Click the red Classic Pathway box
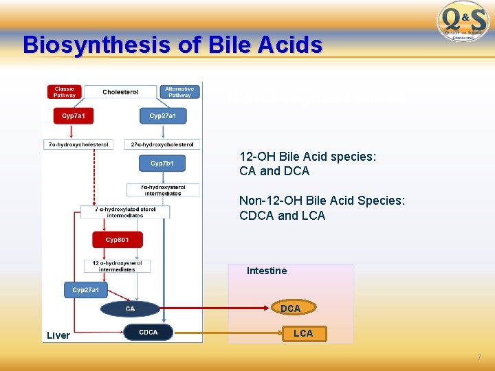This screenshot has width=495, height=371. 65,92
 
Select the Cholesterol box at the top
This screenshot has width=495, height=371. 120,92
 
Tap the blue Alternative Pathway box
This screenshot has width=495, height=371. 179,92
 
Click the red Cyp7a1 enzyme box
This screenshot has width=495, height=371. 74,116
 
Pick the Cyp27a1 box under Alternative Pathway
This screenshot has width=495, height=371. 162,116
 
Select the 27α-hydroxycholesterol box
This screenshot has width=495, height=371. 163,144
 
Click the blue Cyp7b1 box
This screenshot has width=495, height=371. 162,164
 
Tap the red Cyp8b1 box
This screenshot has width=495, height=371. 118,240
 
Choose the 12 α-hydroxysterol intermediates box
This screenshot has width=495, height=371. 118,266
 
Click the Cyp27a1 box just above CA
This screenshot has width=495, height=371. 86,290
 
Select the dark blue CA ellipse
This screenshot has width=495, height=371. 130,309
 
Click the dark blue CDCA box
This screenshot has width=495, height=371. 148,333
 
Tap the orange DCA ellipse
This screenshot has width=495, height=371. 290,308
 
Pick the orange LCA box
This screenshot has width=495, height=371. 303,333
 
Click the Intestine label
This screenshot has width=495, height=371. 267,271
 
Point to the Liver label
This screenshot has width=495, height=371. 58,335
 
